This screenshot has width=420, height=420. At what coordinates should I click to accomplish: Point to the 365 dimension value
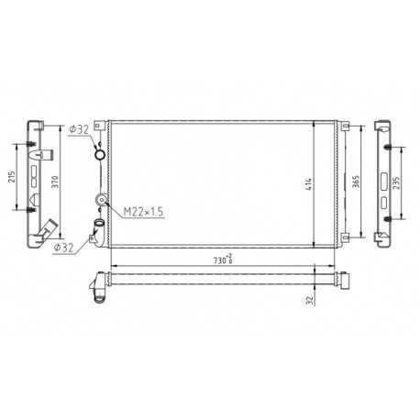(355, 182)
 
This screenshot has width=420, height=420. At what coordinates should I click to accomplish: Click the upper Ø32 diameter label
(79, 129)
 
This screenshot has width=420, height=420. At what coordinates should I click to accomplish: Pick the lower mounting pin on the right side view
(388, 217)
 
